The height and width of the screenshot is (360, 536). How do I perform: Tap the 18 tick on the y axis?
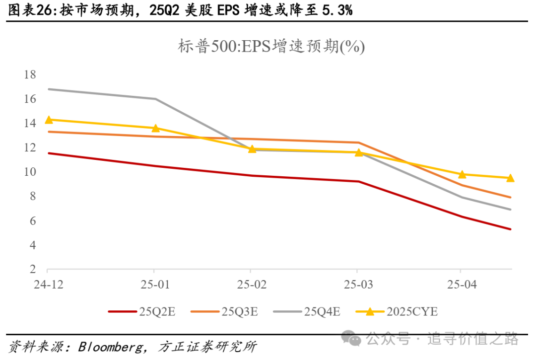point(30,75)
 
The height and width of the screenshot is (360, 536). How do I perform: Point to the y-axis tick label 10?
point(30,172)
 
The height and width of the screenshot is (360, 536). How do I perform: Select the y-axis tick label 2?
point(33,270)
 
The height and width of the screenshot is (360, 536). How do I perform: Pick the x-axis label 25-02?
point(251,285)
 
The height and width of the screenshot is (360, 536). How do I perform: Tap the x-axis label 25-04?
point(461,285)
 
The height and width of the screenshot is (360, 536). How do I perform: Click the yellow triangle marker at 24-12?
point(49,120)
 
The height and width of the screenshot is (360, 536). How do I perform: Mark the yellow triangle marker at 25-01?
point(155,128)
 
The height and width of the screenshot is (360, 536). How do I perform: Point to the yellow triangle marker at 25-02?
point(252,148)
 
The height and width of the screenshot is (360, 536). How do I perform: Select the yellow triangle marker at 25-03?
point(358,152)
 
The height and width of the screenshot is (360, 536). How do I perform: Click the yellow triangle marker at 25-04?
point(462,174)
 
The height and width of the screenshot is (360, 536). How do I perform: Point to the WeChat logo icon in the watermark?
point(354,339)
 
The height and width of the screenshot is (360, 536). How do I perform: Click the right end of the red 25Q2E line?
point(511,229)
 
